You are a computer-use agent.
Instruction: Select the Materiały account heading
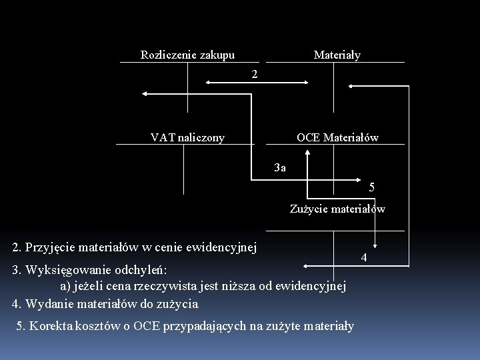337,55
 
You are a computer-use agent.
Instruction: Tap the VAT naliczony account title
187,137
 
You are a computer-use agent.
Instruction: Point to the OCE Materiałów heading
337,137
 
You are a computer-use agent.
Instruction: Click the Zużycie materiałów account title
337,209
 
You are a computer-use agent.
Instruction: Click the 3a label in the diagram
281,167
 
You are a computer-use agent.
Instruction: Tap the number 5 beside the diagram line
372,187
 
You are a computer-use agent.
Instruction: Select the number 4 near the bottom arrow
364,257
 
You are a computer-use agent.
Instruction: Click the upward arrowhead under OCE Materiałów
307,153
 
